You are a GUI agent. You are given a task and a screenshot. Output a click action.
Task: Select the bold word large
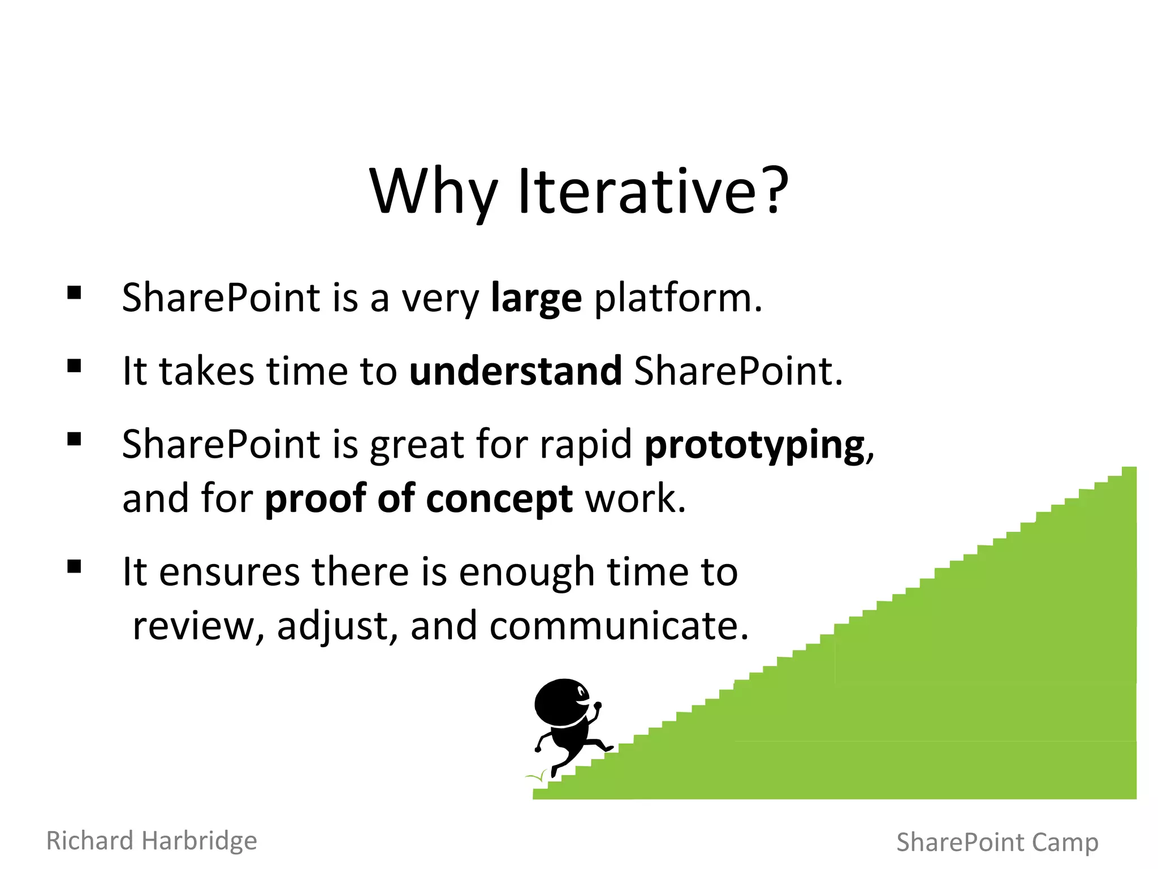click(536, 298)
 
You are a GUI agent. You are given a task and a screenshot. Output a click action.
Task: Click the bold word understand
click(515, 371)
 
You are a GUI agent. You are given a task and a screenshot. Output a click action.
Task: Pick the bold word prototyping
click(755, 445)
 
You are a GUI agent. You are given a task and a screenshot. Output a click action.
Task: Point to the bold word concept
click(499, 499)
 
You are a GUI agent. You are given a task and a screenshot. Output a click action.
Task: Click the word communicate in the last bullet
click(619, 626)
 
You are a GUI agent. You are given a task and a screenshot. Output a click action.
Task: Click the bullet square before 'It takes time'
click(74, 366)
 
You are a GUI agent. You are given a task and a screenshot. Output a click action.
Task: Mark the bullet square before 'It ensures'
click(74, 566)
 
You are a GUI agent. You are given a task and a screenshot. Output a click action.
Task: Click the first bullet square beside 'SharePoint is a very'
click(74, 292)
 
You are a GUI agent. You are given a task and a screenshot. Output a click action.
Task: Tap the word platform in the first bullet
click(677, 298)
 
